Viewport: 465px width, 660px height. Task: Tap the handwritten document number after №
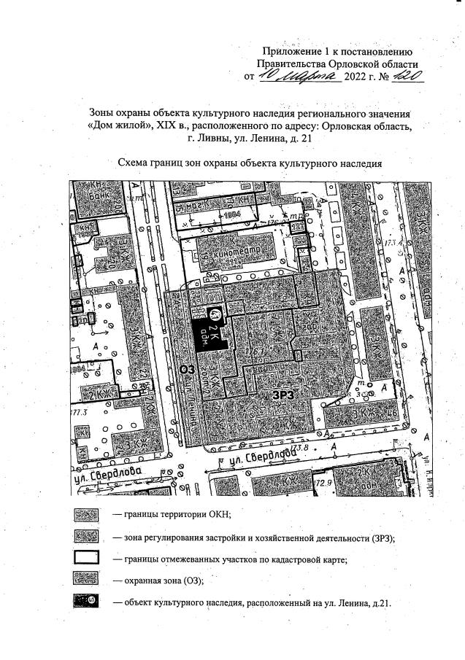pyautogui.click(x=407, y=75)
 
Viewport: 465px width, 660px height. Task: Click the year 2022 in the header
pyautogui.click(x=356, y=76)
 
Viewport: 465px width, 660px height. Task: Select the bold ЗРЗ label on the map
pyautogui.click(x=284, y=395)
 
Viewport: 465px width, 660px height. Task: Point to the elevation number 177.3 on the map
pyautogui.click(x=78, y=412)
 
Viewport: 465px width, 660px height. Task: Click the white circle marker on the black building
pyautogui.click(x=216, y=314)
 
